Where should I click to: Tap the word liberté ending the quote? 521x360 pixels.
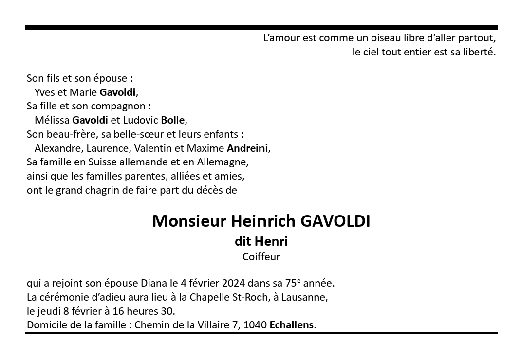coord(478,52)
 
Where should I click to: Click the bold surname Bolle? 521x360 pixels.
coord(173,120)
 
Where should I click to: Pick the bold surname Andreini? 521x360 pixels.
coord(247,148)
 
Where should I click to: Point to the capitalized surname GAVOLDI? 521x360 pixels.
coord(335,221)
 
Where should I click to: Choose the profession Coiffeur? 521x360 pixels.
coord(261,257)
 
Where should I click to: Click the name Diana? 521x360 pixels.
coord(154,283)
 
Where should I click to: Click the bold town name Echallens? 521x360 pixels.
coord(292,325)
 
